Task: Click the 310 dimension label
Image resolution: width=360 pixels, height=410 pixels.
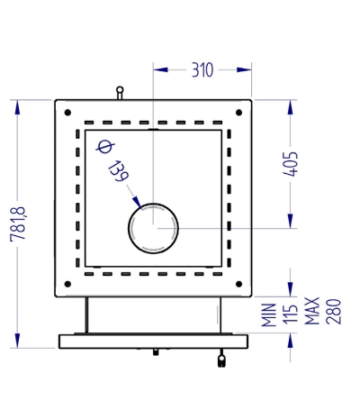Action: [202, 70]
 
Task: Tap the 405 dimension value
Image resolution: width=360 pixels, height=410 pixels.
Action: [291, 164]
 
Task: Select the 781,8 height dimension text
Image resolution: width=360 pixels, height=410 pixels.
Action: [18, 223]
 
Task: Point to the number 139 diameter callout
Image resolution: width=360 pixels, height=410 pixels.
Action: [118, 171]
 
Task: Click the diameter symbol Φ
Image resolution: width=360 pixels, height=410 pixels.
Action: [105, 146]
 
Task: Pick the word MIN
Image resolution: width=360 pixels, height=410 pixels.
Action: [269, 314]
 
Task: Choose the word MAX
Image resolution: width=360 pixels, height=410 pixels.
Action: [312, 311]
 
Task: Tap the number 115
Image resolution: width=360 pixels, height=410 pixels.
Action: [291, 314]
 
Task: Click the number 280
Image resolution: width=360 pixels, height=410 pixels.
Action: [333, 312]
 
